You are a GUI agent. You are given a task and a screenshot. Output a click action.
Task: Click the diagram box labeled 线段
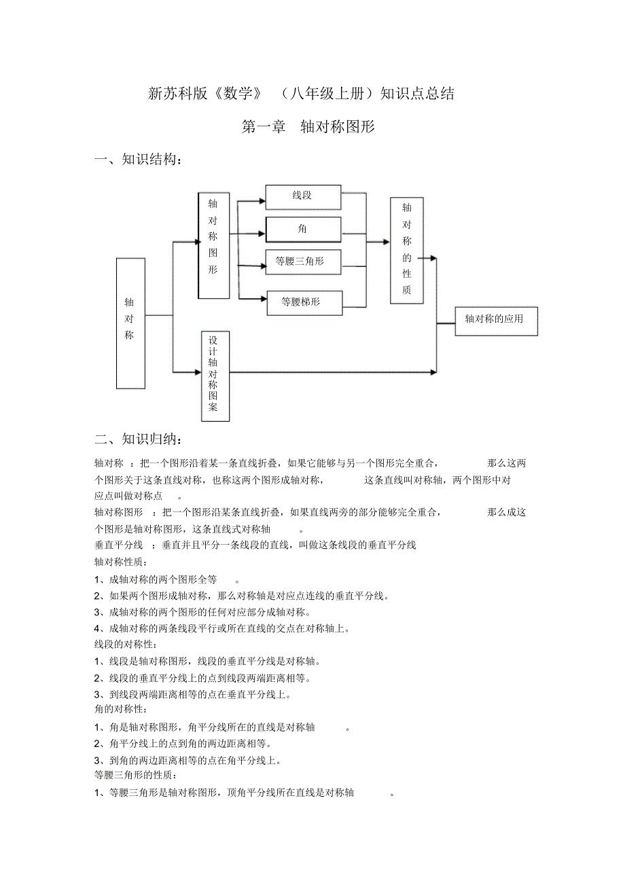pos(303,197)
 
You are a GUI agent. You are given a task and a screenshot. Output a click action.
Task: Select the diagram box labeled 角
pos(303,230)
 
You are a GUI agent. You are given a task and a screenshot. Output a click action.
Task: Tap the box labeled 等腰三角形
pos(303,261)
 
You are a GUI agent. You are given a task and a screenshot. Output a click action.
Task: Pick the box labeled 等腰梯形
pos(303,303)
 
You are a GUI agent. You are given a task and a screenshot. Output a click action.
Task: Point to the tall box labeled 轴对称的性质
pos(406,250)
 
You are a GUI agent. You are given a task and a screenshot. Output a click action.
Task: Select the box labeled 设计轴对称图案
pos(215,376)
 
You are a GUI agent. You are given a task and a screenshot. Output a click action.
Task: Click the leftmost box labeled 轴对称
pos(130,323)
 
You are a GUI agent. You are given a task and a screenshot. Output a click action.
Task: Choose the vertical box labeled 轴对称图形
pos(213,245)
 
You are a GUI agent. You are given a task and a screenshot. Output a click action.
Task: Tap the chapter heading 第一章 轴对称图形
pos(308,127)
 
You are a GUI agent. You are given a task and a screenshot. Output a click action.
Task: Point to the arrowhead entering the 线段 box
pos(262,200)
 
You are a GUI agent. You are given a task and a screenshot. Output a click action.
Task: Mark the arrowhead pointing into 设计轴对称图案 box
pos(198,372)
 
